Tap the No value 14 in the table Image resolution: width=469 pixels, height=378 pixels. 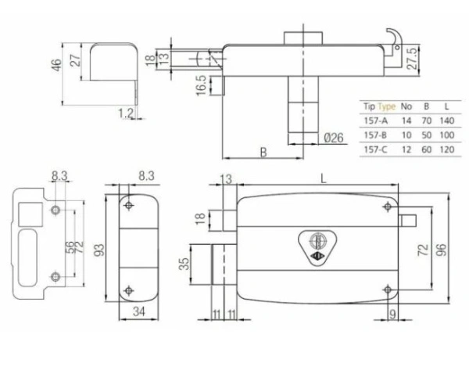[406, 121]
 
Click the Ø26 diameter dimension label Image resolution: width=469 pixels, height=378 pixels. [334, 139]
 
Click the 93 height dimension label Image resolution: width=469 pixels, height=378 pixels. [99, 249]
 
